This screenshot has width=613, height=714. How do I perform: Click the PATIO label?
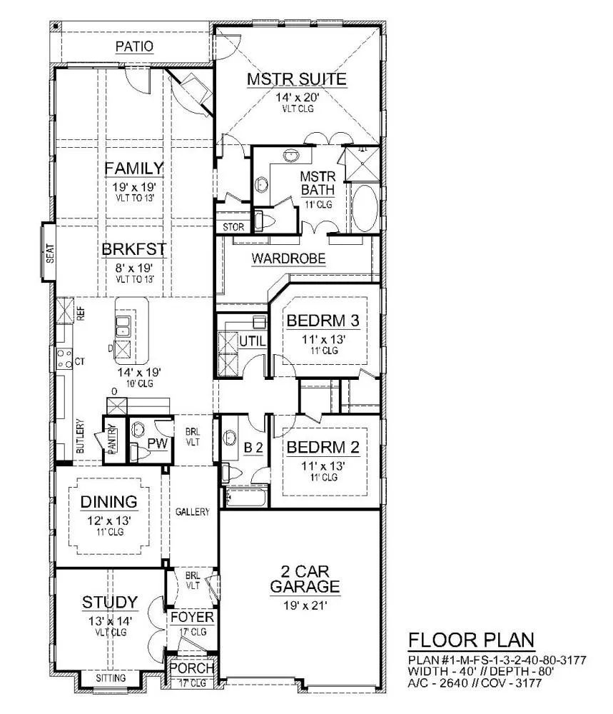click(134, 46)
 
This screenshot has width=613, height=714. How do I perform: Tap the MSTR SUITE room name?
click(297, 79)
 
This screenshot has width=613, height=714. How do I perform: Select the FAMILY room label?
click(133, 169)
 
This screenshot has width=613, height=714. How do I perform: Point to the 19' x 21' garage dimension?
click(305, 605)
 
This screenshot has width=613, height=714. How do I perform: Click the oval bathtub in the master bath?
click(365, 208)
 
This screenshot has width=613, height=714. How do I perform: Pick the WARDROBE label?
click(288, 258)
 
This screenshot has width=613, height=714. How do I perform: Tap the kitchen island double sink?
click(123, 326)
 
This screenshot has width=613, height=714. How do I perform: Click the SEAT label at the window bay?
click(50, 253)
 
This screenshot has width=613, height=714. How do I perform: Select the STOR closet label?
click(233, 227)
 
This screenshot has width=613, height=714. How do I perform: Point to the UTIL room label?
click(252, 341)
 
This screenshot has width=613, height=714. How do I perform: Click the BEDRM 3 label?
click(323, 321)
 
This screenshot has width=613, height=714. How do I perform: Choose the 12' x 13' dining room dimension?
click(109, 520)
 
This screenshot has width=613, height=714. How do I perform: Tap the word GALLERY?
click(193, 512)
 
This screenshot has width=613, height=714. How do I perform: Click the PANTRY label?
click(113, 439)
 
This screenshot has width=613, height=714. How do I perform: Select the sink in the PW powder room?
click(138, 429)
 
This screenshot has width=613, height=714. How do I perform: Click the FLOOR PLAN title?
click(471, 640)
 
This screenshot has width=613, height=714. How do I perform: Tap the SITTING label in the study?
click(111, 678)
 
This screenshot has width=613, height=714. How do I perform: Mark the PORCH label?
click(191, 668)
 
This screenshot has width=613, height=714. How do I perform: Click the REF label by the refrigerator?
click(81, 313)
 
